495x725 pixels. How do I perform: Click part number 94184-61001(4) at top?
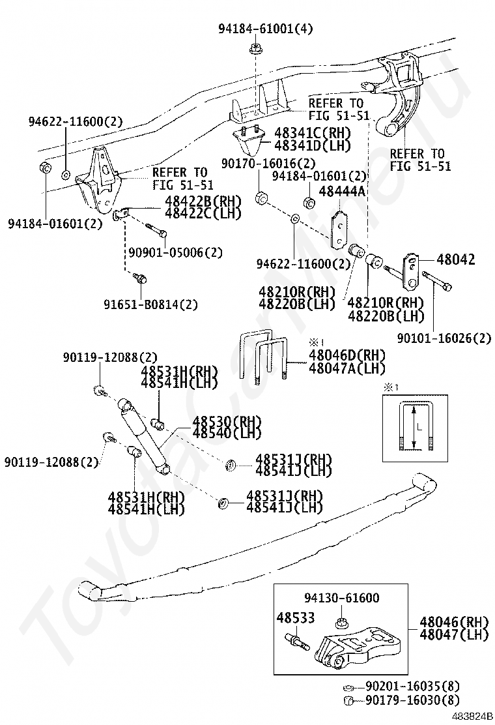[256, 29]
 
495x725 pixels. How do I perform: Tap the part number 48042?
[455, 259]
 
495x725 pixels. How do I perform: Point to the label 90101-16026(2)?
[444, 338]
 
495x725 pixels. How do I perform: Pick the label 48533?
[295, 617]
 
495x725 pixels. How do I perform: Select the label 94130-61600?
[341, 597]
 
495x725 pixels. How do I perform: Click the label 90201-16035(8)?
[412, 686]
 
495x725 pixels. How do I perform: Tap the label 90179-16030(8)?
[412, 700]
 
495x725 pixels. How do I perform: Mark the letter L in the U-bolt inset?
[420, 428]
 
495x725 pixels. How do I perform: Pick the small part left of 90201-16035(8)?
[348, 687]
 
